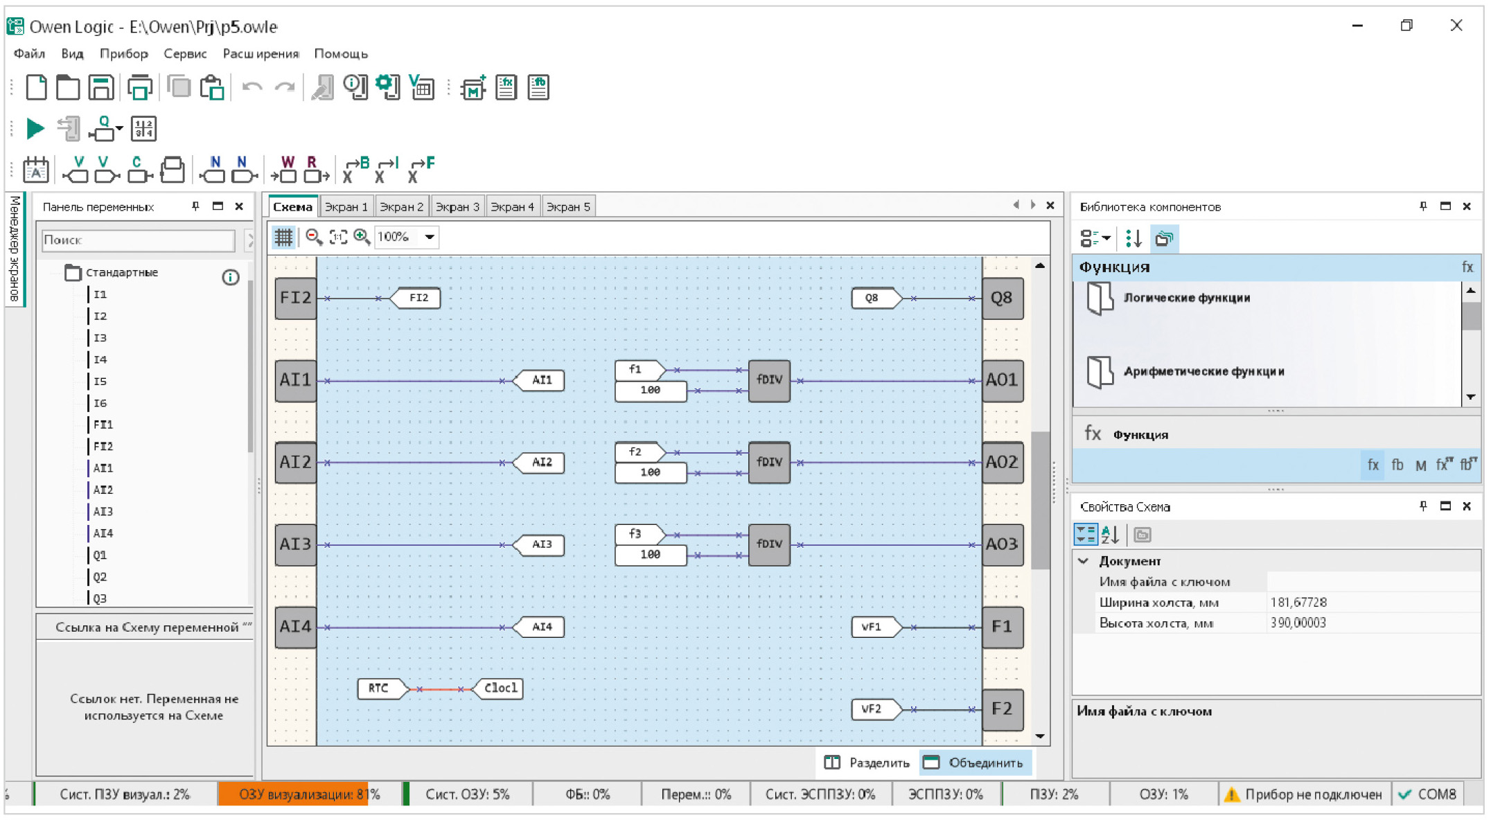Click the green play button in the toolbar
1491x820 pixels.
35,128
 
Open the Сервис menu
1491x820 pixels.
185,54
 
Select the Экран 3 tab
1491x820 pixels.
457,206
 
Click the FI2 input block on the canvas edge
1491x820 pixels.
296,298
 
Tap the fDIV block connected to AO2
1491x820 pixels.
769,463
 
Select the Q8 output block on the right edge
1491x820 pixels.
1003,298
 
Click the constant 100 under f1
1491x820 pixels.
651,391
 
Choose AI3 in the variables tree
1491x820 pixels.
103,512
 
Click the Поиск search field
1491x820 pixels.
138,240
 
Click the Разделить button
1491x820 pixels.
867,763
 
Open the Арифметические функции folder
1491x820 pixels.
1203,372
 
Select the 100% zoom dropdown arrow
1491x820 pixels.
430,237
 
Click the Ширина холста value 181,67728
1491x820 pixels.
1298,603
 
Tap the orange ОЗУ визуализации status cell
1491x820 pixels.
293,794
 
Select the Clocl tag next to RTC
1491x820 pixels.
498,688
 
